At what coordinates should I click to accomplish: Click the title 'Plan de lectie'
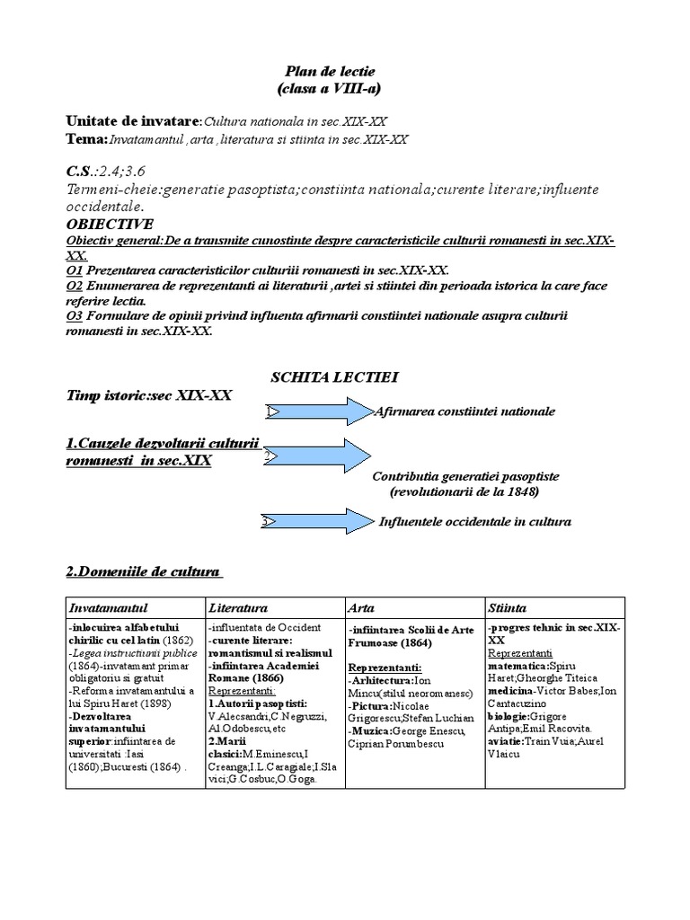pyautogui.click(x=330, y=71)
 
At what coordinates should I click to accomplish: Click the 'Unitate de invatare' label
pyautogui.click(x=132, y=120)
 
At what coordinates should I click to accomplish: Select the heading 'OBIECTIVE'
pyautogui.click(x=110, y=224)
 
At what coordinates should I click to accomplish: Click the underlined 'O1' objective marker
pyautogui.click(x=75, y=270)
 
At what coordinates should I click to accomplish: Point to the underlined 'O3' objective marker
pyautogui.click(x=75, y=315)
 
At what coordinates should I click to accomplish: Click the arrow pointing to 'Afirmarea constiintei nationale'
pyautogui.click(x=319, y=411)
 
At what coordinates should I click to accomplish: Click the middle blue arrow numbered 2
pyautogui.click(x=319, y=456)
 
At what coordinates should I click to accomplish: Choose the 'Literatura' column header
pyautogui.click(x=238, y=608)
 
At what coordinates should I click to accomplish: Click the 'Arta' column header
pyautogui.click(x=361, y=608)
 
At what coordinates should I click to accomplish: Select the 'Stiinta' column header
pyautogui.click(x=508, y=608)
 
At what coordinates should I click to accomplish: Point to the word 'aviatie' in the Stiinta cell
pyautogui.click(x=506, y=740)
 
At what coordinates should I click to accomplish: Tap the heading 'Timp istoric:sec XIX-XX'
pyautogui.click(x=149, y=395)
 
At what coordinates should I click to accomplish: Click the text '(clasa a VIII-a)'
pyautogui.click(x=330, y=88)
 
